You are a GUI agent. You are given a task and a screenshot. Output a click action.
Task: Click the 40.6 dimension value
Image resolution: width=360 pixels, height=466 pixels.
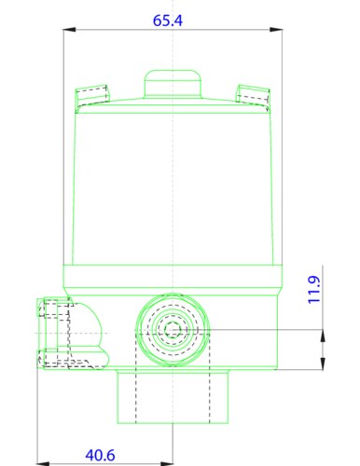click(x=100, y=456)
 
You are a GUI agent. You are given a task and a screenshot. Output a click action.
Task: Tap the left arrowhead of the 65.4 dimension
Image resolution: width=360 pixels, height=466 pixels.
click(x=67, y=31)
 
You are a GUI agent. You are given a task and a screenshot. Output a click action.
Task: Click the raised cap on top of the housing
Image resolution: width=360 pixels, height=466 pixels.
click(x=173, y=83)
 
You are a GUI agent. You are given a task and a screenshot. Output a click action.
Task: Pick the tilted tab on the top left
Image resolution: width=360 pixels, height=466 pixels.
click(x=91, y=94)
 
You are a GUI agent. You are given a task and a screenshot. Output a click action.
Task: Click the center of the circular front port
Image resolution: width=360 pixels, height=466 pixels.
click(x=173, y=331)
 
